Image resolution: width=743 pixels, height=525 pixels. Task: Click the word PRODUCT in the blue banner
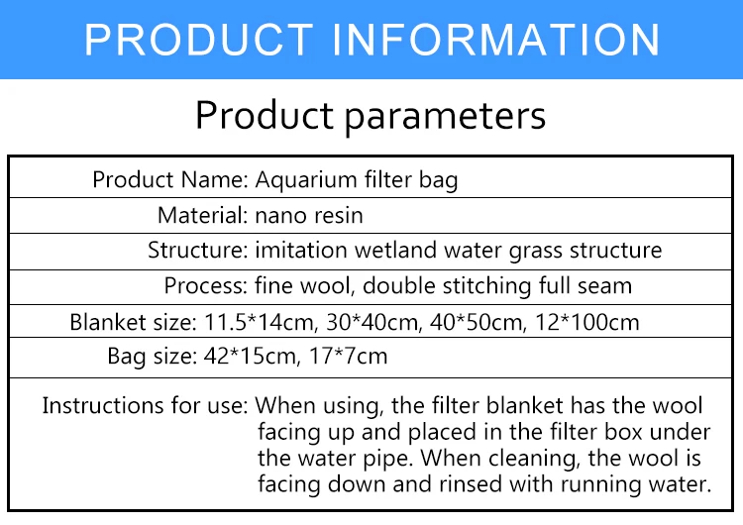(x=199, y=40)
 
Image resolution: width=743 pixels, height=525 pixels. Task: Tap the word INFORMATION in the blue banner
(x=495, y=40)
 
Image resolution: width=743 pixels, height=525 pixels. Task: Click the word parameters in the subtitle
(x=445, y=117)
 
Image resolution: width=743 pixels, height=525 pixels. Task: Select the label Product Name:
(x=170, y=179)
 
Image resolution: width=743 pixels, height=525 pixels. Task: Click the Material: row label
(x=203, y=215)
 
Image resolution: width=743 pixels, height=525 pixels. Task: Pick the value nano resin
(x=309, y=216)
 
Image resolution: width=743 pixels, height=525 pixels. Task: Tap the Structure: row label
(x=198, y=251)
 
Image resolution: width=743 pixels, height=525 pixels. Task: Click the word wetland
(x=395, y=250)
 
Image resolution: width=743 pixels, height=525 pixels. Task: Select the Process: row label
(x=206, y=285)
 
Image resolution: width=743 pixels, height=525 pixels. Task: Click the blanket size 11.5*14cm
(x=259, y=323)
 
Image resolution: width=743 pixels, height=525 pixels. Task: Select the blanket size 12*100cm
(x=587, y=323)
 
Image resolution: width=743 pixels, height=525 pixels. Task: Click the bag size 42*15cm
(x=252, y=357)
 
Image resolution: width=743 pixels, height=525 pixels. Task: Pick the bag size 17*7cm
(x=349, y=357)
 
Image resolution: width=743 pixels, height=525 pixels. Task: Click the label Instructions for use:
(x=145, y=406)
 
